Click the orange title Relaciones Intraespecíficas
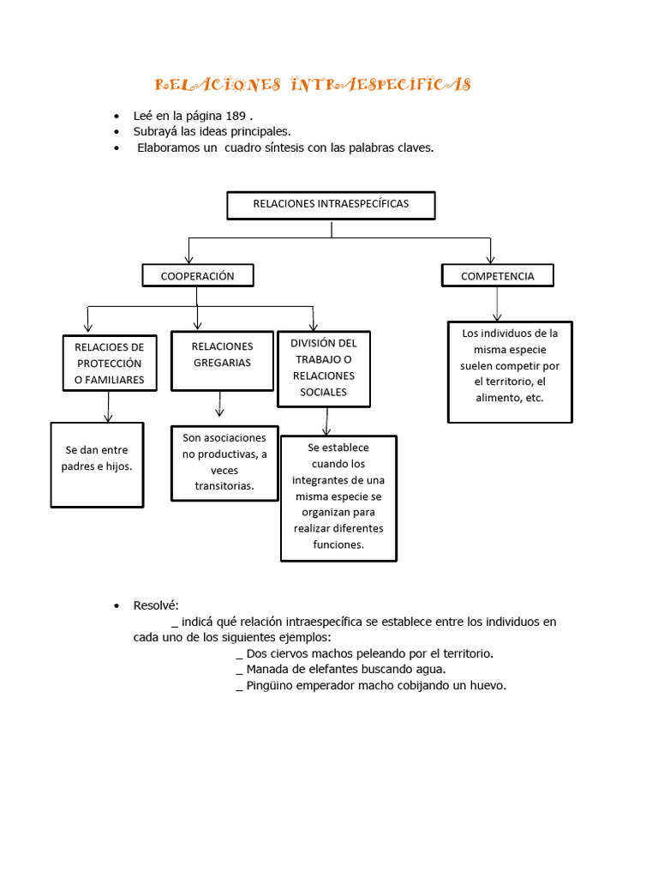313,84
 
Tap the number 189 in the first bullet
238,116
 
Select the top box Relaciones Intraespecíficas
331,205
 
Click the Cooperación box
198,275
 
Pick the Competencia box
498,275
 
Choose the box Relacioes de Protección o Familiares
110,363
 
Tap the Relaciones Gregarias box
222,355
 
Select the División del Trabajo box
324,368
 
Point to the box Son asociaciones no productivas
224,462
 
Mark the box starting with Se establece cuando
338,497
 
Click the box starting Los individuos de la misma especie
510,371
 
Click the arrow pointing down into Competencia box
490,251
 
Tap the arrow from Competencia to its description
498,305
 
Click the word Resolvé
155,605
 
